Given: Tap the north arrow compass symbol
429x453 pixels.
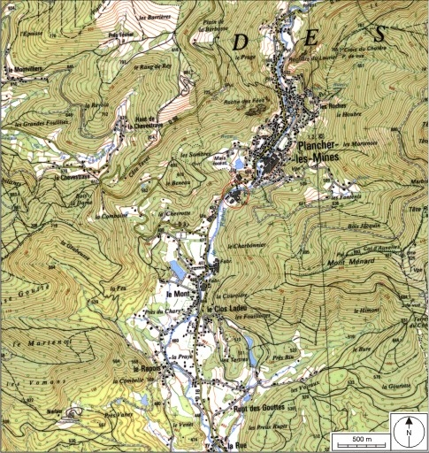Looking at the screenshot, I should (x=410, y=432).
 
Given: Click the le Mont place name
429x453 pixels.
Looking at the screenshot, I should (x=179, y=292).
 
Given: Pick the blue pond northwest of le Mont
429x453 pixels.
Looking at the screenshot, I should (x=176, y=269).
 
